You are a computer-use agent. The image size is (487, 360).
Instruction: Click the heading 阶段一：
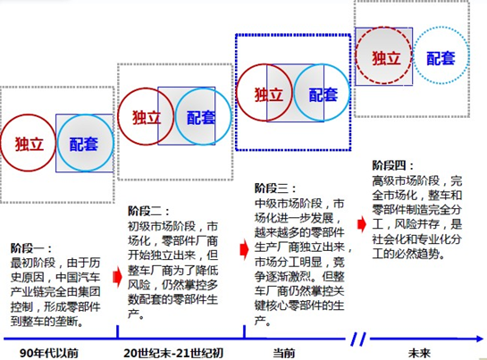pos(30,248)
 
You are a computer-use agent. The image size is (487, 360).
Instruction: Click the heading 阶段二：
pos(148,212)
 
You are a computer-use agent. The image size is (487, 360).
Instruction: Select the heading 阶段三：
pos(275,188)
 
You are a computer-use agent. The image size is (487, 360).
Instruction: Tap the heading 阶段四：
pos(392,165)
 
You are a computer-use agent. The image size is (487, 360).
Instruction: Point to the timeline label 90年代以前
pos(49,353)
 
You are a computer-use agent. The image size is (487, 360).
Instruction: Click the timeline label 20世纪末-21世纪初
pos(173,353)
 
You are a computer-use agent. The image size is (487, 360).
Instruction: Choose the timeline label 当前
pos(283,353)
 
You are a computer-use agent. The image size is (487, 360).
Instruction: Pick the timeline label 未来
pos(419,353)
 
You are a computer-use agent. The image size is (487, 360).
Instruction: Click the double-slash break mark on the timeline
pos(358,339)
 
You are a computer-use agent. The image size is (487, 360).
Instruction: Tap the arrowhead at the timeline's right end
pos(480,339)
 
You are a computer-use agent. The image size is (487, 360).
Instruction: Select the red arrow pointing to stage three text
pos(245,249)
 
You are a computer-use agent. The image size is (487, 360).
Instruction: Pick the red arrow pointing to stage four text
pos(362,224)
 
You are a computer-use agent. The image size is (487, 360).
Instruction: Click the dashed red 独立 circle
pos(356,56)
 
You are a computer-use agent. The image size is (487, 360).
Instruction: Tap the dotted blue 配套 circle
pos(414,56)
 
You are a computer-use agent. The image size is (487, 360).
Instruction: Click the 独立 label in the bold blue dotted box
pos(269,95)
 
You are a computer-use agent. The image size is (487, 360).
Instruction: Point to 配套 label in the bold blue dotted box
pos(323,95)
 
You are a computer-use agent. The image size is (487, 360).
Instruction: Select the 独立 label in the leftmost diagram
pos(29,144)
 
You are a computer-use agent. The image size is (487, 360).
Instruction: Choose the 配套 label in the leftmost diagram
pos(83,144)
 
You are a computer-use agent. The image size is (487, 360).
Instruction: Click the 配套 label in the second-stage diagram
pos(201,118)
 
